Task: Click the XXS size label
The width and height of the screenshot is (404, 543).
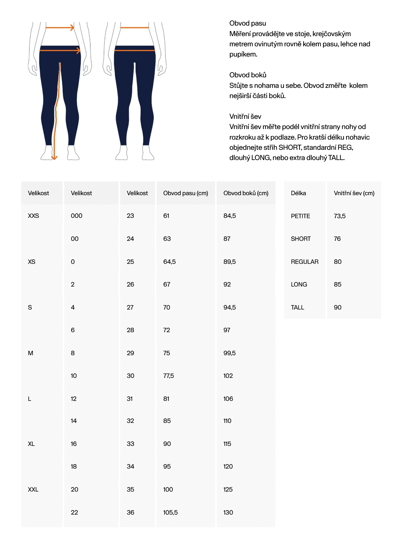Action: coord(33,216)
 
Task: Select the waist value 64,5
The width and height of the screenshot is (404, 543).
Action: coord(169,262)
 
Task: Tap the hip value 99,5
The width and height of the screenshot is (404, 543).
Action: coord(229,353)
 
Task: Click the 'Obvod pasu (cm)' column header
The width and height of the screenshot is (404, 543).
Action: coord(185,193)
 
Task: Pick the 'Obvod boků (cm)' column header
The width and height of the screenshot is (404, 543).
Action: coord(246,193)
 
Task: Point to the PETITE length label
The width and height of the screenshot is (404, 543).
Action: coord(300,216)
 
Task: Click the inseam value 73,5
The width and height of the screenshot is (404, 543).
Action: coord(339,216)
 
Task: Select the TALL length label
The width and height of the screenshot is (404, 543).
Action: coord(297,307)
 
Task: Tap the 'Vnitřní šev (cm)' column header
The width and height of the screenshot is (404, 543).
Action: coord(354,193)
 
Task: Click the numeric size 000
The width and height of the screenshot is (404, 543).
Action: coord(76,216)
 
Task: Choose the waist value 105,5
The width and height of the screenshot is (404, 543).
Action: coord(170,512)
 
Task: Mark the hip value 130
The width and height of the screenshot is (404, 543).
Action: coord(228,512)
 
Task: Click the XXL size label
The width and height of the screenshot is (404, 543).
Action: coord(33,489)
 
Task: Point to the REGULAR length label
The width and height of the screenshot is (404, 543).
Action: coord(304,262)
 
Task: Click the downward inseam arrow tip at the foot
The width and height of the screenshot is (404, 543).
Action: coord(54,158)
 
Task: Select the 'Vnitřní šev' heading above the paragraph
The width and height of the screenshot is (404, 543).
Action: coord(245,116)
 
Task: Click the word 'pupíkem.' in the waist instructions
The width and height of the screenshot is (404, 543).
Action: coord(243,54)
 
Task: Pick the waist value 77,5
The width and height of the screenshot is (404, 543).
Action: coord(168,376)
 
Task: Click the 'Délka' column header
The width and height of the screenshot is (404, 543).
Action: coord(298,193)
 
